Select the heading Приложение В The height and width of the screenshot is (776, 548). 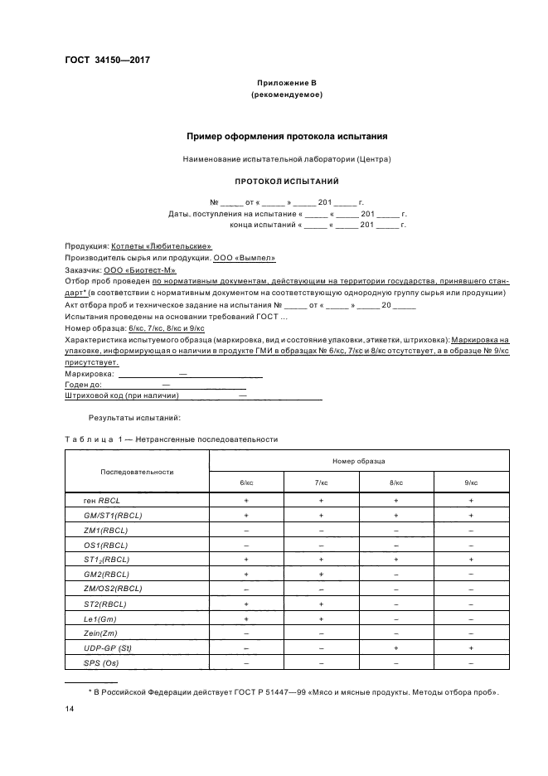[286, 84]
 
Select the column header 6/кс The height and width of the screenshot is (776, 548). [246, 482]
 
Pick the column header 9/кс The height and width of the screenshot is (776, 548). [471, 482]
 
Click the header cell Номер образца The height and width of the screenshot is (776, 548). [359, 460]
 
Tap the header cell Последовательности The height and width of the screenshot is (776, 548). [137, 471]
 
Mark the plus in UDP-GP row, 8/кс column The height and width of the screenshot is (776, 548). [396, 647]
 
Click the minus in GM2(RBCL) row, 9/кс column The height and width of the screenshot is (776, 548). [471, 574]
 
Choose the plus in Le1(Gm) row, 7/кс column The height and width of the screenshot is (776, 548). [321, 618]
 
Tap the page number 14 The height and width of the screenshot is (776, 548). [70, 710]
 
